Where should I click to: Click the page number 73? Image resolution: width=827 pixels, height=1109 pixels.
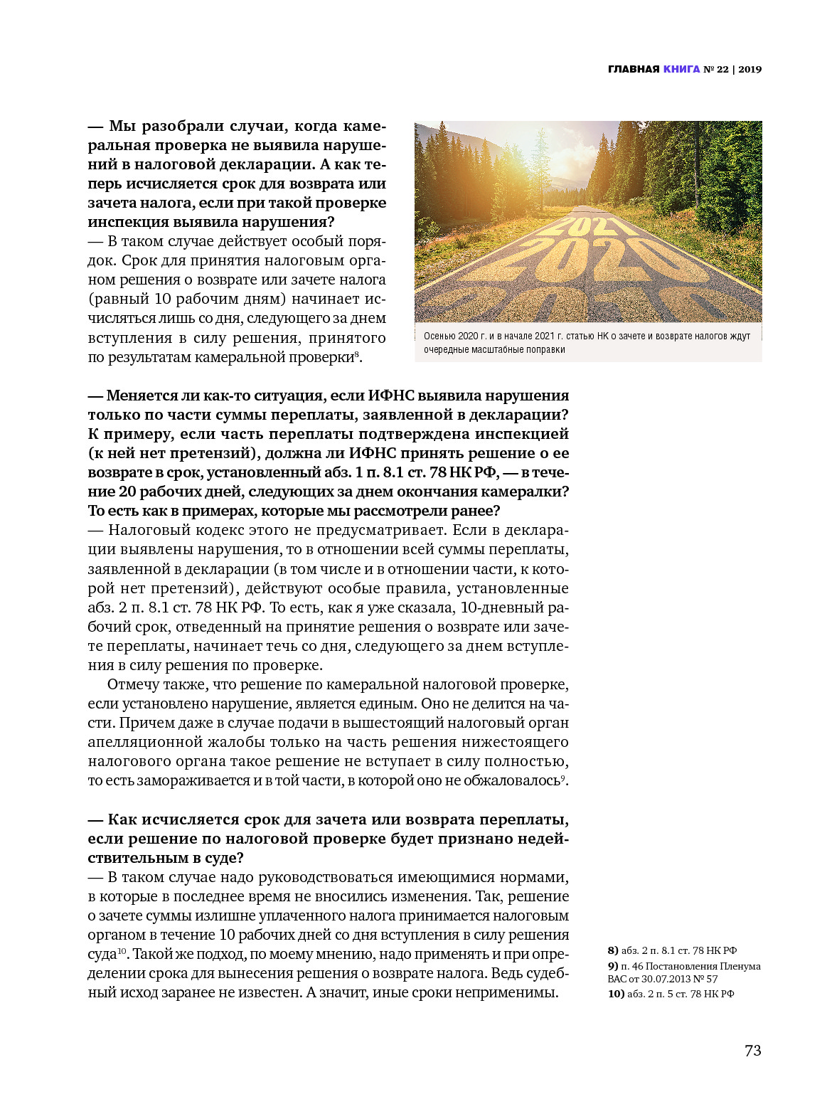(752, 1051)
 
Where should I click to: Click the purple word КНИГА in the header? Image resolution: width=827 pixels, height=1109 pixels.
(681, 69)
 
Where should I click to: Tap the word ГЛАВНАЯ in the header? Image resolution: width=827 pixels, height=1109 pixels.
(634, 69)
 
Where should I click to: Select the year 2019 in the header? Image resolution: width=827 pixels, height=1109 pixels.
(749, 69)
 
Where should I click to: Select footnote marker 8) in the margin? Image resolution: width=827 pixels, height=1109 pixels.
(613, 950)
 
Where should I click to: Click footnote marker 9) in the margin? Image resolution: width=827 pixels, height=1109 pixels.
(613, 966)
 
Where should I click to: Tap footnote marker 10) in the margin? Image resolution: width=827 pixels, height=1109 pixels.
(616, 994)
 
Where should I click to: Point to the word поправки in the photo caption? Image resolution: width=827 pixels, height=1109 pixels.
(547, 349)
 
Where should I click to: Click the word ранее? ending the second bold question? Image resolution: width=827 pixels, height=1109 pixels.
(476, 511)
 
